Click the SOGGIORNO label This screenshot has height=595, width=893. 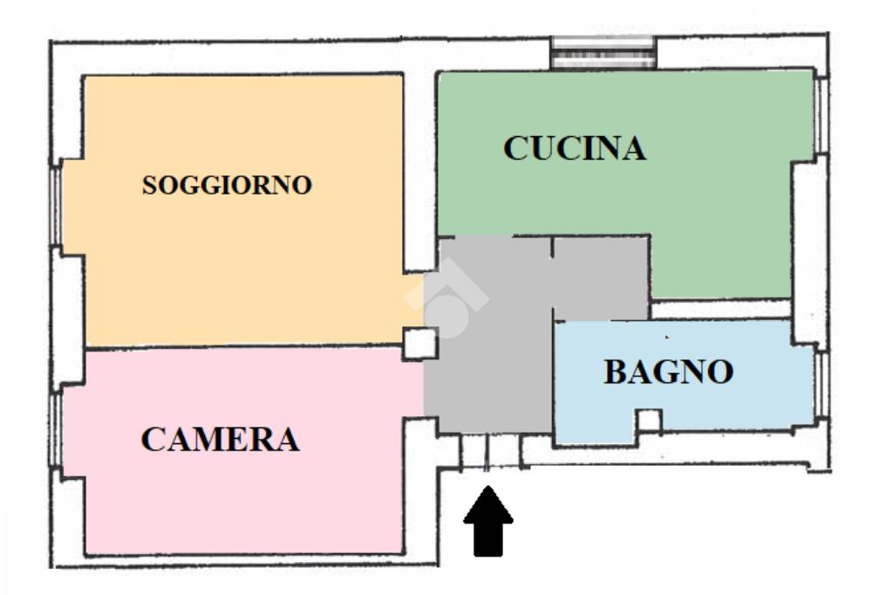[228, 186]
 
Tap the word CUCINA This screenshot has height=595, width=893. [575, 148]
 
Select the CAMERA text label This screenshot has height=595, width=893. [220, 439]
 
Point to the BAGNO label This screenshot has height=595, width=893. [669, 373]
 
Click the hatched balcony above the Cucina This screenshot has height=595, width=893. [603, 53]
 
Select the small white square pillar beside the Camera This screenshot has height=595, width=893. [419, 343]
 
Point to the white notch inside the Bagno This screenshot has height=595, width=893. [648, 421]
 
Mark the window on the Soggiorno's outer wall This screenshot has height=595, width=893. [55, 206]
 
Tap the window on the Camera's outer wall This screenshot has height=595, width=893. [55, 433]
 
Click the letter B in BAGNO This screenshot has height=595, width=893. [616, 373]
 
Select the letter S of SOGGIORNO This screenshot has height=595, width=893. [150, 186]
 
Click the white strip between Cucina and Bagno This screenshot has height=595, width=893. [720, 310]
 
